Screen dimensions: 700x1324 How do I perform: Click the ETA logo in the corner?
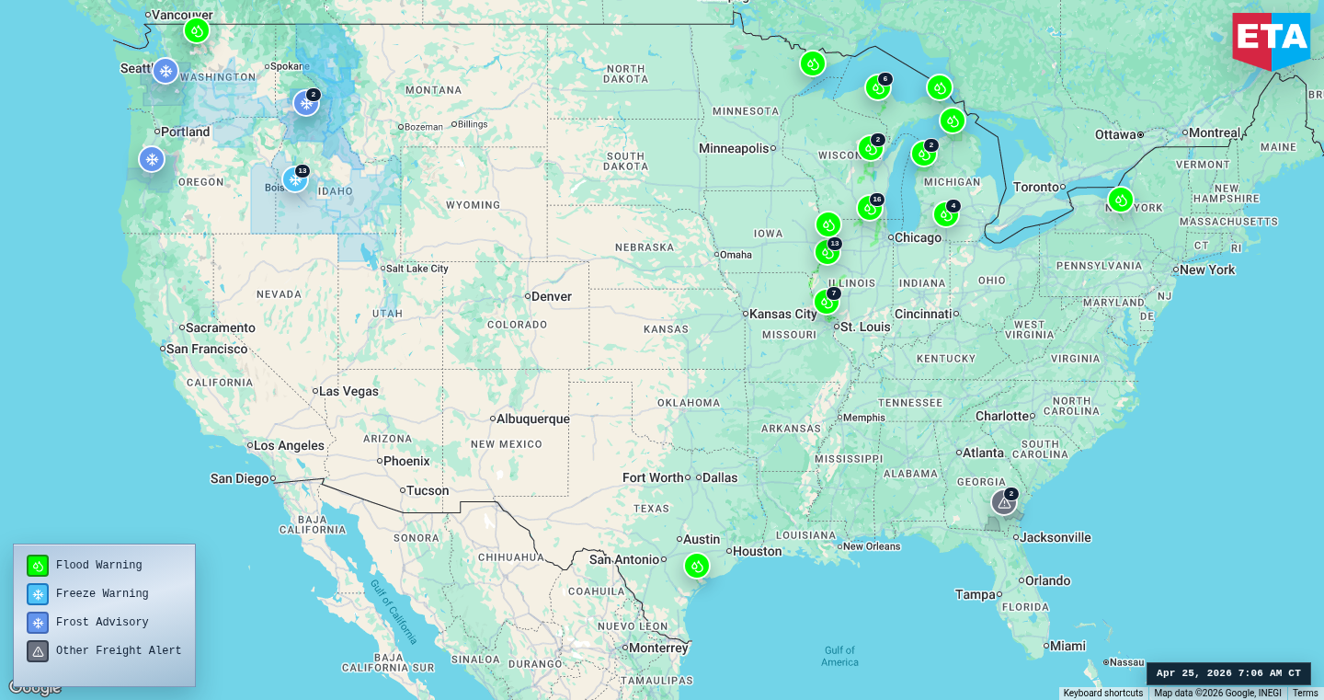pyautogui.click(x=1271, y=40)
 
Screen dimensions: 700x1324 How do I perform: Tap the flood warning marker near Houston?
pyautogui.click(x=697, y=566)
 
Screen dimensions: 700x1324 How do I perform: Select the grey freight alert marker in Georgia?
pyautogui.click(x=1004, y=502)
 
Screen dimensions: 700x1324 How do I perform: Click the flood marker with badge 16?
pyautogui.click(x=870, y=208)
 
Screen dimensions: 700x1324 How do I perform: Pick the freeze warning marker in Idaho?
pyautogui.click(x=295, y=178)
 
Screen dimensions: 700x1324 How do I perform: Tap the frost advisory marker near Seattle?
pyautogui.click(x=165, y=71)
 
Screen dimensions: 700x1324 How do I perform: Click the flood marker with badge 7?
pyautogui.click(x=827, y=302)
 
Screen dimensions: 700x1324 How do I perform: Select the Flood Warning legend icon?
pyautogui.click(x=38, y=566)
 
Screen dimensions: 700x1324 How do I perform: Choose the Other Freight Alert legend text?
pyautogui.click(x=119, y=650)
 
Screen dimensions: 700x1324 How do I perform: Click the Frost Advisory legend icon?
pyautogui.click(x=38, y=623)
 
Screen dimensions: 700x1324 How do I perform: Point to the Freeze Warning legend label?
pyautogui.click(x=102, y=594)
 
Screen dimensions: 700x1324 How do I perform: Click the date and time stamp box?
pyautogui.click(x=1228, y=673)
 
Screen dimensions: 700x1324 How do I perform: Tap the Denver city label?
pyautogui.click(x=551, y=296)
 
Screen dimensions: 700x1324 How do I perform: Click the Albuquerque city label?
pyautogui.click(x=533, y=419)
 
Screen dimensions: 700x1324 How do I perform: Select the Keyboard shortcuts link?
pyautogui.click(x=1103, y=694)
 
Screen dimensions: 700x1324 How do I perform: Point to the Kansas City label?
pyautogui.click(x=782, y=314)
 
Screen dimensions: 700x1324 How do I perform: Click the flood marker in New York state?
pyautogui.click(x=1120, y=200)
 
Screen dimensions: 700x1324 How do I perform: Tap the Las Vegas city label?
pyautogui.click(x=348, y=391)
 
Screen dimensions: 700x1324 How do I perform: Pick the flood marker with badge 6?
pyautogui.click(x=877, y=87)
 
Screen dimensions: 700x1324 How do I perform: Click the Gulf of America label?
pyautogui.click(x=839, y=656)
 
